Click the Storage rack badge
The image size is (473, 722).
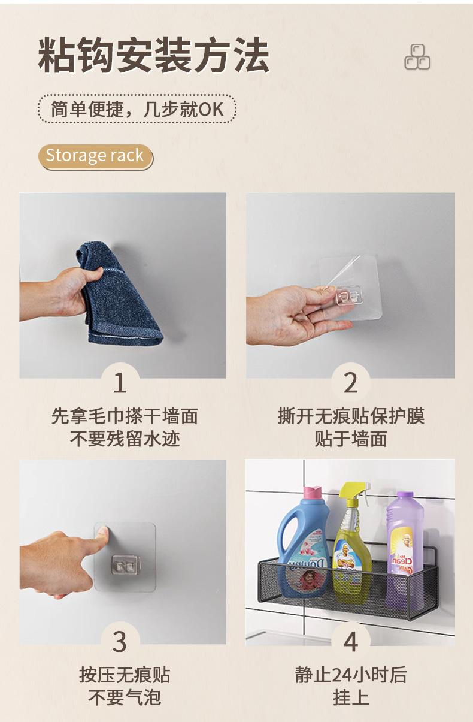pyautogui.click(x=96, y=156)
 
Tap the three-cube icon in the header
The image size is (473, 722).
pyautogui.click(x=417, y=57)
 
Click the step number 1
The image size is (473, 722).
pyautogui.click(x=120, y=383)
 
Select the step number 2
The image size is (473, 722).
pyautogui.click(x=351, y=383)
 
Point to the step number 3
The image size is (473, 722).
pyautogui.click(x=120, y=641)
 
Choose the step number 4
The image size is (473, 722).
pyautogui.click(x=351, y=641)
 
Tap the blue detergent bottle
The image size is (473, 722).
pyautogui.click(x=303, y=545)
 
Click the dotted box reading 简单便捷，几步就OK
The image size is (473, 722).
pyautogui.click(x=137, y=109)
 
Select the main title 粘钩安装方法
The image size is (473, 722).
pyautogui.click(x=154, y=55)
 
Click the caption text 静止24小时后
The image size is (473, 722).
pyautogui.click(x=351, y=675)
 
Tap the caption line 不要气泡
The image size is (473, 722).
pyautogui.click(x=125, y=697)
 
